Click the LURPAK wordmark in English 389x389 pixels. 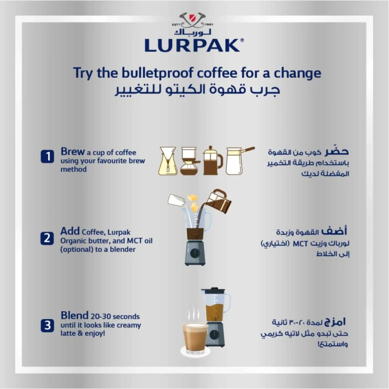point(192,45)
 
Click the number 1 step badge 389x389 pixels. point(47,157)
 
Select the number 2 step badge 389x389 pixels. point(47,238)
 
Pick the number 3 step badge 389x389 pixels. point(47,325)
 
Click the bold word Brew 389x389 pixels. point(73,151)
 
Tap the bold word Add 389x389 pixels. point(70,231)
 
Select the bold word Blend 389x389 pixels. point(74,315)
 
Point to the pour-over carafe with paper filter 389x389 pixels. point(168,161)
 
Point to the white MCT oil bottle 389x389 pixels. point(176,200)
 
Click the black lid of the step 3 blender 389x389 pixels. point(213,290)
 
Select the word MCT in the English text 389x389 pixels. point(135,240)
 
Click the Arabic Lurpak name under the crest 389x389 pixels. point(192,32)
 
